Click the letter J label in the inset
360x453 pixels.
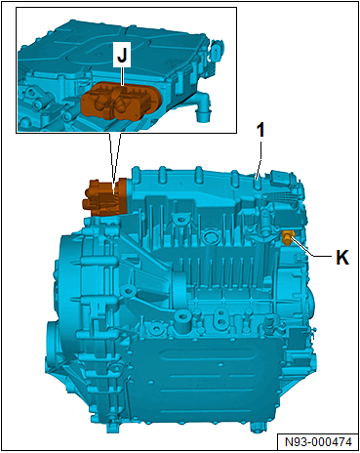point(122,55)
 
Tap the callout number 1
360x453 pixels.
point(260,131)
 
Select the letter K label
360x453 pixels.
point(342,257)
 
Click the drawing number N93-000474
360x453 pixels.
point(318,441)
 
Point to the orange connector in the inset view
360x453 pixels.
point(120,100)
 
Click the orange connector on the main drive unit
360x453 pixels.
point(104,197)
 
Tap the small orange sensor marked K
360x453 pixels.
point(287,237)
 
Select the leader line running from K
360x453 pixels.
point(311,249)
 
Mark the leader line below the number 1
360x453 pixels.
point(260,160)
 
